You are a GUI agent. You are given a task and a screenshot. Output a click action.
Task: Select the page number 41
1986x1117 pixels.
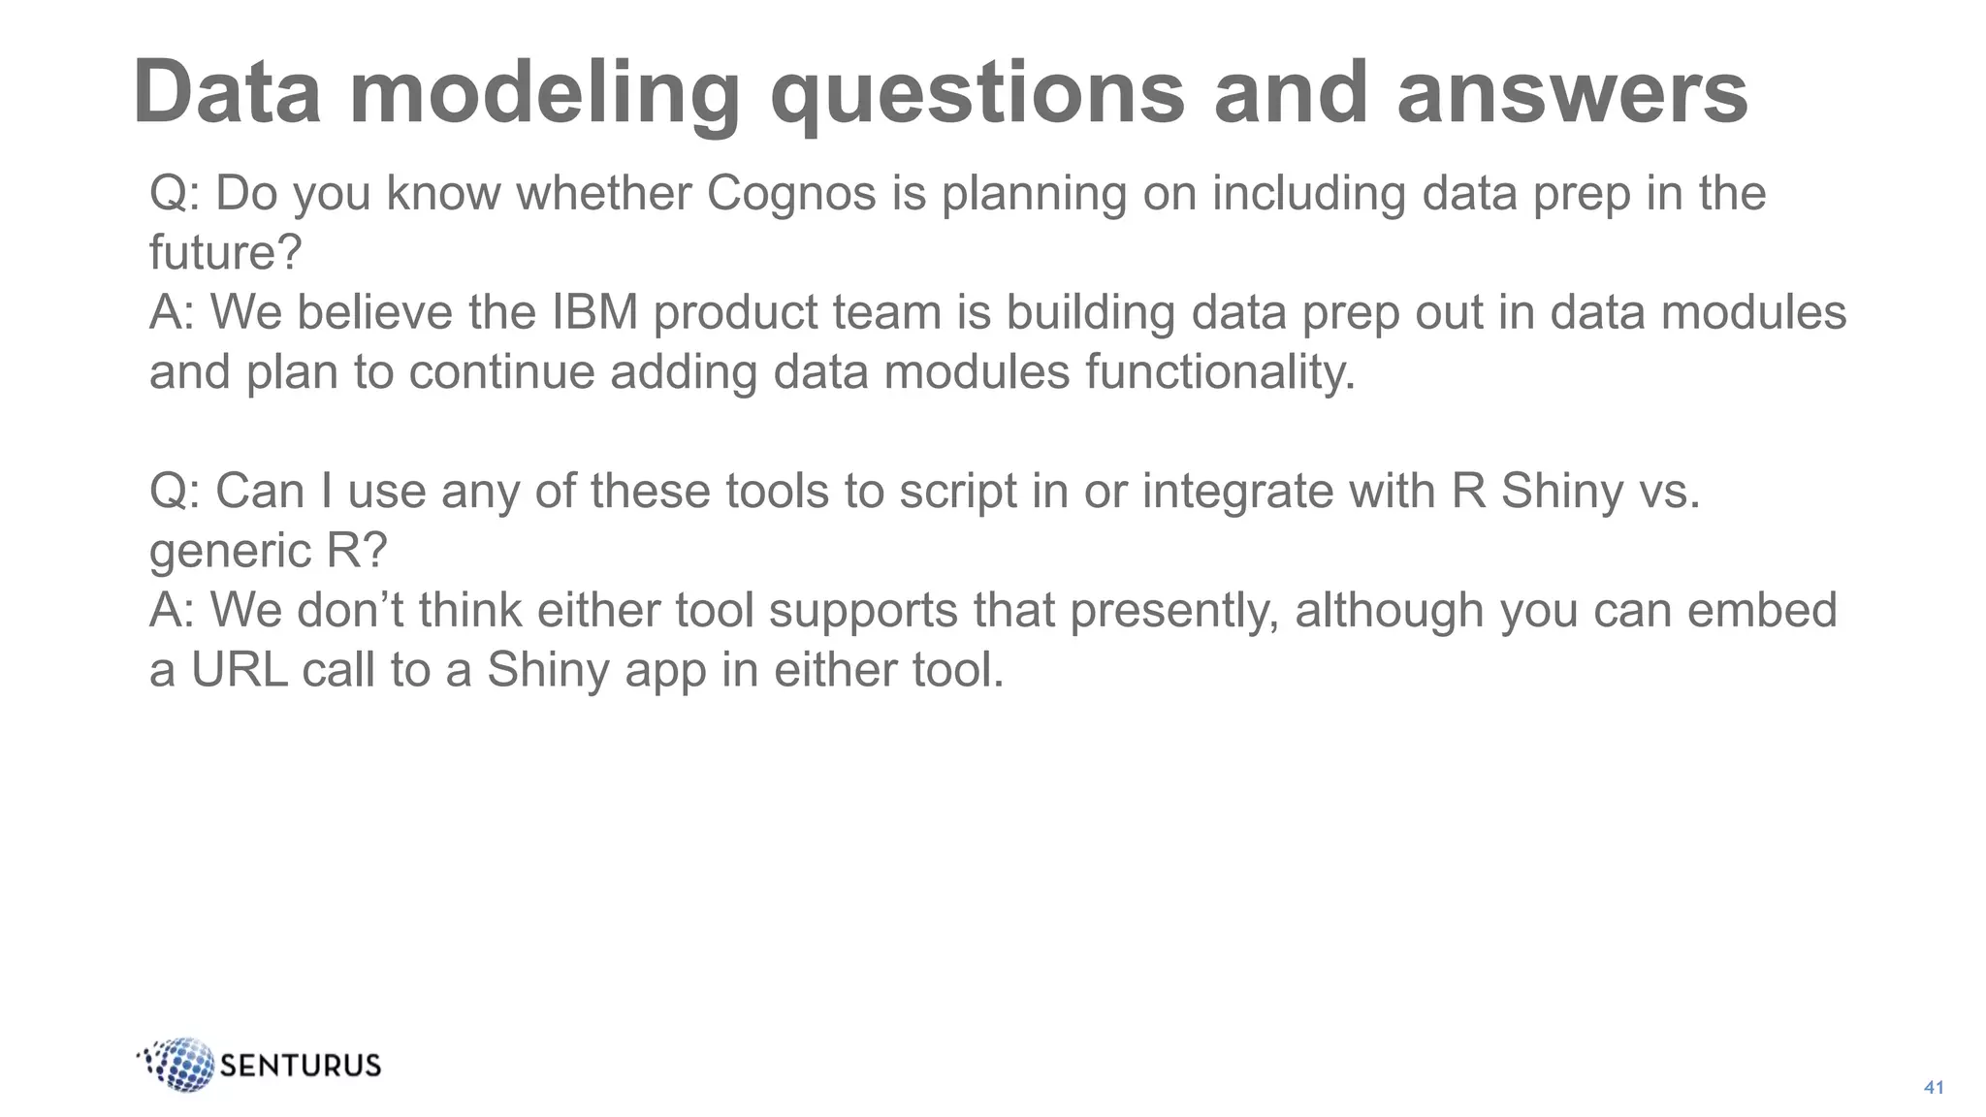(1934, 1087)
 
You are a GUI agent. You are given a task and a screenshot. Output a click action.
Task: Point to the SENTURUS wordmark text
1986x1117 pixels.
(301, 1066)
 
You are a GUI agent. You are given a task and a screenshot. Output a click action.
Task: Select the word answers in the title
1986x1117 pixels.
(1572, 93)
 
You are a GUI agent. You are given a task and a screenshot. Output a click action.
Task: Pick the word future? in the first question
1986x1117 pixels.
(226, 253)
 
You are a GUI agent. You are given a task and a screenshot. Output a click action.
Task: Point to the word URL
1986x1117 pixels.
(240, 670)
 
